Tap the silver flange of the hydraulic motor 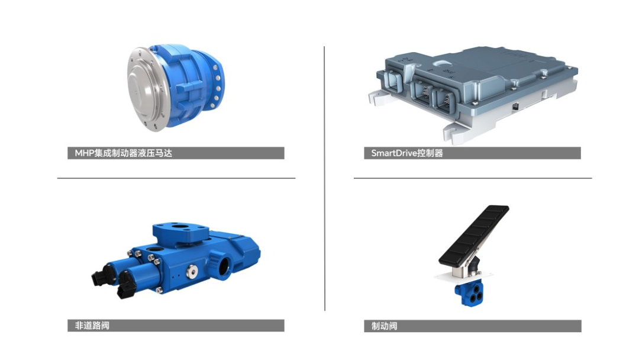(143, 90)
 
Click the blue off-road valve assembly (176, 260)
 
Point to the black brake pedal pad (474, 236)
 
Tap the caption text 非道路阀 (92, 326)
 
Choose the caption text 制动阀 (384, 326)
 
